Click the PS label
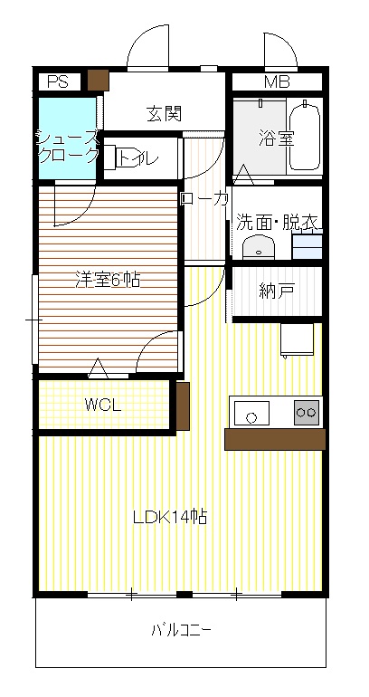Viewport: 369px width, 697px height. [x=58, y=81]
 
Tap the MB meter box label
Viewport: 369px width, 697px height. [x=277, y=81]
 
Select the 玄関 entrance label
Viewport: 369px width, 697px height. [x=164, y=114]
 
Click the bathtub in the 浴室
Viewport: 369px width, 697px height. [x=304, y=134]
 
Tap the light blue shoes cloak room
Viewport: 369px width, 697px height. [x=67, y=138]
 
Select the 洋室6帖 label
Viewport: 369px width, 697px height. [x=107, y=280]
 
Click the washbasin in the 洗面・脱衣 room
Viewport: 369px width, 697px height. [x=259, y=247]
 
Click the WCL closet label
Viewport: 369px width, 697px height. [x=103, y=405]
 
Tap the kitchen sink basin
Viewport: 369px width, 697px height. [x=251, y=413]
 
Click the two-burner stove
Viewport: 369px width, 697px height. [x=307, y=413]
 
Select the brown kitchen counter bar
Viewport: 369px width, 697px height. [x=275, y=440]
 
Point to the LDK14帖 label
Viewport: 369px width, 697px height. [x=171, y=517]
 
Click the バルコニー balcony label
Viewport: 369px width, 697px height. [x=182, y=629]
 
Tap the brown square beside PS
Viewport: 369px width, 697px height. [x=99, y=80]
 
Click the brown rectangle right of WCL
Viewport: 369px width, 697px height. [x=183, y=406]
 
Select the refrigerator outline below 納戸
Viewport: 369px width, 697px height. [x=297, y=340]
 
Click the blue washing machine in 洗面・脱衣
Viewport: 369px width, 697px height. [x=307, y=245]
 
